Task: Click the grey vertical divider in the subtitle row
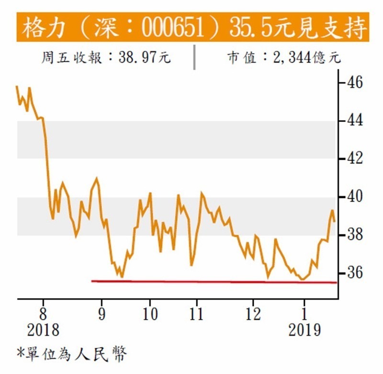[x=194, y=57]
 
